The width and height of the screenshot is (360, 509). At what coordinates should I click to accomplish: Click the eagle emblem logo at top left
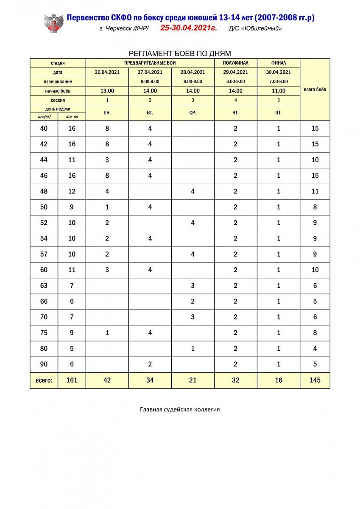pos(54,23)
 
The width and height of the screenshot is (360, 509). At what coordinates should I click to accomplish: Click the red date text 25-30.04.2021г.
pos(188,28)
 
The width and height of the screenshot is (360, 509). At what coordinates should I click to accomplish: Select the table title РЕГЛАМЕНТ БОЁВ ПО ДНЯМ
pos(180,53)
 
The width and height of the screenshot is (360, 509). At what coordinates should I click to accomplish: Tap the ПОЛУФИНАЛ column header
pos(236,63)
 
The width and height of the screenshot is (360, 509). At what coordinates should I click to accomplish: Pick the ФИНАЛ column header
pos(279,63)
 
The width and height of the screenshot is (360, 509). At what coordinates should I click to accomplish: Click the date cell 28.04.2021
pos(193,72)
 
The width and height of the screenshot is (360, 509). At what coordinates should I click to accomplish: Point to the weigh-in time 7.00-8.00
pos(279,81)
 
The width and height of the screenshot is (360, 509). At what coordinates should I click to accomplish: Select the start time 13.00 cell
pos(107,91)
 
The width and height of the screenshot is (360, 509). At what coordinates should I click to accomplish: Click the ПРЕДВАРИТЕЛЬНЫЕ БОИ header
pos(150,63)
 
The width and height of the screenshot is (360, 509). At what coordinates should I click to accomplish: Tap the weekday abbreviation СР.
pos(193,113)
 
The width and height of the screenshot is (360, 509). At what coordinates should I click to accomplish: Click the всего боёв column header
pos(315,90)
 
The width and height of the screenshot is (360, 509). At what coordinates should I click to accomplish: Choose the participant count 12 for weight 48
pos(72,191)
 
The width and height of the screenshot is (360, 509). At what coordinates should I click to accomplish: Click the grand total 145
pos(315,380)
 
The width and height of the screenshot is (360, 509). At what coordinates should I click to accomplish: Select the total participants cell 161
pos(72,380)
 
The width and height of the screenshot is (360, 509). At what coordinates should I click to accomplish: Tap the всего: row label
pos(44,380)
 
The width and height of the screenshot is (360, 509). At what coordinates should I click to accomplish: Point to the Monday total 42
pos(107,380)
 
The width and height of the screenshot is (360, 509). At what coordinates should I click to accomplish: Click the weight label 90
pos(44,364)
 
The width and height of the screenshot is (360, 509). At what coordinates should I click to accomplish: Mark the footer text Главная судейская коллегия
pos(180,410)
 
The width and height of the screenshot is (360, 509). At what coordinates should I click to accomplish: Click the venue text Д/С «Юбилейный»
pos(255,29)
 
